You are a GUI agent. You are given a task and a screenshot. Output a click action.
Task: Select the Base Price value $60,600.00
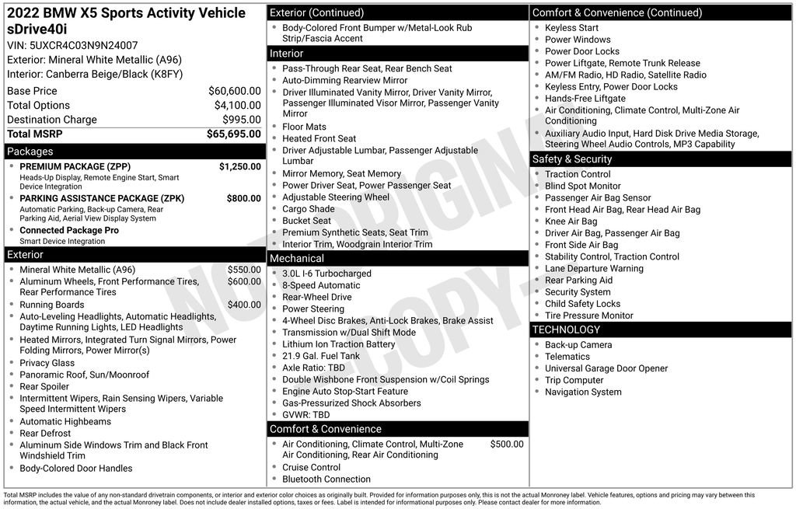pos(234,91)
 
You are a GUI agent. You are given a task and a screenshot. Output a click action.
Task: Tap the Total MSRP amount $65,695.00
pos(233,134)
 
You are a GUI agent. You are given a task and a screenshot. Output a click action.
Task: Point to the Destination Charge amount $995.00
pos(242,120)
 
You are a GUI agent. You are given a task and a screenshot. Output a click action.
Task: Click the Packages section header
pos(30,152)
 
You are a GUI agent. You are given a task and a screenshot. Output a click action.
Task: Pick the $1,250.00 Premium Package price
pos(239,166)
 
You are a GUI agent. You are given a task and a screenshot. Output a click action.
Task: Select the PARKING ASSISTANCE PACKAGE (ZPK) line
pos(102,198)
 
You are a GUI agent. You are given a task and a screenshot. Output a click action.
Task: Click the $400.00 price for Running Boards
pos(244,305)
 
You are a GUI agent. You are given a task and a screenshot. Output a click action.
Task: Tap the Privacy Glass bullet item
pos(47,363)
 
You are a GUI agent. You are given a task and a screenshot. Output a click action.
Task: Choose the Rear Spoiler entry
pos(44,386)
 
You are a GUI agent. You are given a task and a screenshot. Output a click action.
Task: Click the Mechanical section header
pos(297,258)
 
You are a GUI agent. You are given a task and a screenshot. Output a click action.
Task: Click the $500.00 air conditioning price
pos(507,444)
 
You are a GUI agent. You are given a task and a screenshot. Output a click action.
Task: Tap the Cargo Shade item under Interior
pos(308,209)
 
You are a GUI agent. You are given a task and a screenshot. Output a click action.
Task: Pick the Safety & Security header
pos(572,159)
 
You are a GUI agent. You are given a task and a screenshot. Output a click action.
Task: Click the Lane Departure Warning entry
pos(594,268)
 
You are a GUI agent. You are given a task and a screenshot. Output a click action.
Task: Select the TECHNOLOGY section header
pos(567,329)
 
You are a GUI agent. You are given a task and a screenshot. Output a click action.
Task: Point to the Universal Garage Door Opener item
pos(606,368)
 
